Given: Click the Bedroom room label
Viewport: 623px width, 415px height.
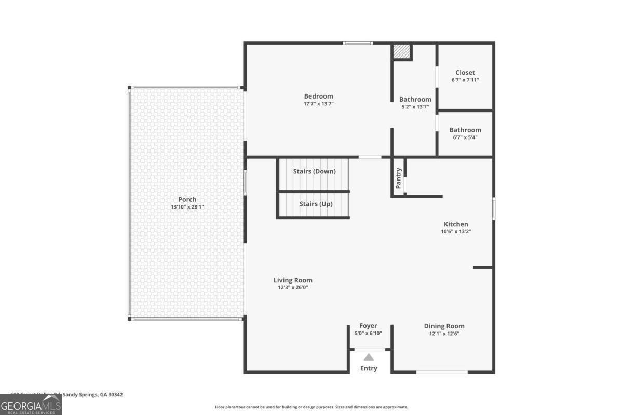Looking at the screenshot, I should coord(318,96).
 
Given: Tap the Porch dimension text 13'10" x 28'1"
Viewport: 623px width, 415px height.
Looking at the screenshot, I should coord(187,207).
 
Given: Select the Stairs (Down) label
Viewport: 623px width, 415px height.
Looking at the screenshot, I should coord(314,171).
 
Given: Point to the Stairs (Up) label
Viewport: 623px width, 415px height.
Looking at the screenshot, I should coord(316,204).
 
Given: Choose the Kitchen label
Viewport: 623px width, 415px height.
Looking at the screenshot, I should coord(455,224).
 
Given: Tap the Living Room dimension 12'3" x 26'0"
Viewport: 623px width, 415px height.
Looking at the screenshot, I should coord(293,287).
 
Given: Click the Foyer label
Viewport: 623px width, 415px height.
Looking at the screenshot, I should coord(368,326).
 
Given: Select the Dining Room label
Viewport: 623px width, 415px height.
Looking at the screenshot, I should coord(444,326).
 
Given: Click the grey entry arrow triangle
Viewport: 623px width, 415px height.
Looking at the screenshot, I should coord(369,357).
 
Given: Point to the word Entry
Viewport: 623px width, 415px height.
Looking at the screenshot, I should coord(369,368).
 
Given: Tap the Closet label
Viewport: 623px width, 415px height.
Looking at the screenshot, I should coord(465,73).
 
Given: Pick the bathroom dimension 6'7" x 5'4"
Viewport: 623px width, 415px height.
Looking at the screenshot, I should coord(465,137).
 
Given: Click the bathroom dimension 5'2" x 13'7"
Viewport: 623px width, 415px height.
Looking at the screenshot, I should coord(415,107).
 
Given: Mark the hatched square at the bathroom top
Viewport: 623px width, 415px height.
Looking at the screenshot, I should coord(401,51).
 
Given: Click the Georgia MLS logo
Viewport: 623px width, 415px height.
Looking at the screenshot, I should coord(31,405).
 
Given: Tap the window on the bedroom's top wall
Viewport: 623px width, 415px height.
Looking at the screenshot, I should coord(358,43).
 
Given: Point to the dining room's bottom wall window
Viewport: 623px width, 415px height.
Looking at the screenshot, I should coord(442,371).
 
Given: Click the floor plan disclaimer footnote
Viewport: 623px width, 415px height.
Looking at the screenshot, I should coord(311,407).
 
